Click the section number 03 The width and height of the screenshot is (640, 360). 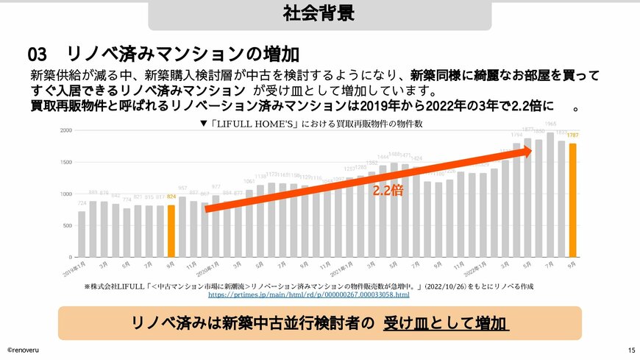[x=38, y=54]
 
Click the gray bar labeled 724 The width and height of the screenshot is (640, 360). [x=82, y=233]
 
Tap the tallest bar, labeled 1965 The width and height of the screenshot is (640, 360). [x=550, y=194]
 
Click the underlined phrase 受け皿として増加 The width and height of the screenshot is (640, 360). [x=446, y=324]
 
